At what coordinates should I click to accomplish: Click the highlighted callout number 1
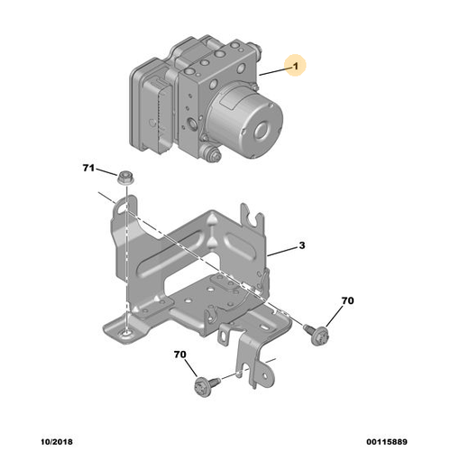(296, 66)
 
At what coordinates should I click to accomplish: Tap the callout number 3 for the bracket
(302, 245)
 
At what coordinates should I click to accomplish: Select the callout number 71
(88, 168)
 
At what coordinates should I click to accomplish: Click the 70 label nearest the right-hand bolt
(347, 300)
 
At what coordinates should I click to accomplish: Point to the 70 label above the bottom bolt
(179, 354)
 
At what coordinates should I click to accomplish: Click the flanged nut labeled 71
(125, 178)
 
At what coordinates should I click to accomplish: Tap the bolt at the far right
(317, 335)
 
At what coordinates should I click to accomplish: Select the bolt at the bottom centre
(207, 386)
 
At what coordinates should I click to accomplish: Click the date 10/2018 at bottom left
(57, 442)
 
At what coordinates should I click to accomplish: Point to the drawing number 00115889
(387, 442)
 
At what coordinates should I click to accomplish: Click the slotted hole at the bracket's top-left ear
(123, 207)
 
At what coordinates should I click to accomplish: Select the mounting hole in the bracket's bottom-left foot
(125, 334)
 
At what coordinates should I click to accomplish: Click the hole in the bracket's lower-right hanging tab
(264, 376)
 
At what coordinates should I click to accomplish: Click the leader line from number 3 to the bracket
(282, 252)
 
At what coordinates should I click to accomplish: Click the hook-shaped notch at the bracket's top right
(254, 218)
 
